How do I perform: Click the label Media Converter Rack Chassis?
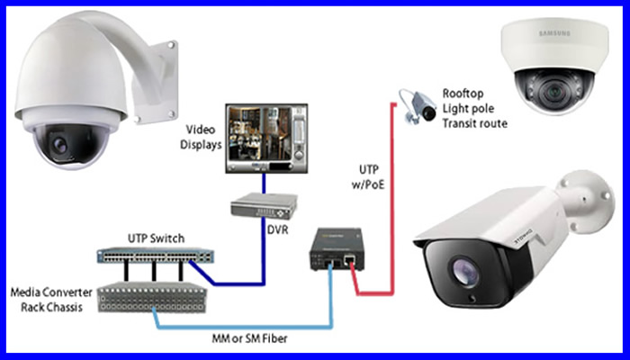point(49,300)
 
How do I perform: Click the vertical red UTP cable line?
point(391,198)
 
